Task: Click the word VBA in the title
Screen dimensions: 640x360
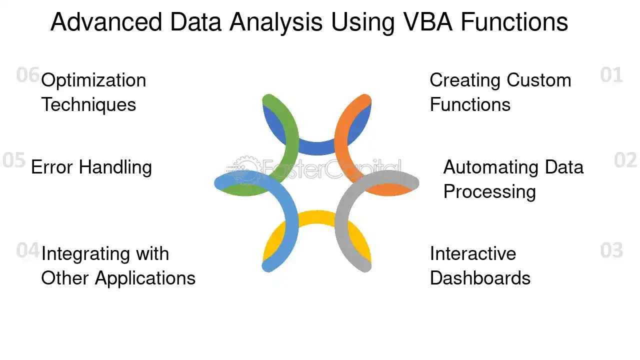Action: (x=428, y=22)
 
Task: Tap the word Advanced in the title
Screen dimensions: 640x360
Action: (x=106, y=22)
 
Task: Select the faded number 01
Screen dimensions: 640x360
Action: (x=611, y=75)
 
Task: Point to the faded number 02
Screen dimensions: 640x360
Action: (x=625, y=159)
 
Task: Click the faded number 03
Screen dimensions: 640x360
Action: (x=611, y=250)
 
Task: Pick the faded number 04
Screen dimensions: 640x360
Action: (x=27, y=250)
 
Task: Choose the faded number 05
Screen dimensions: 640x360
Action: (x=13, y=159)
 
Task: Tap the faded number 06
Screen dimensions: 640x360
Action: (x=27, y=75)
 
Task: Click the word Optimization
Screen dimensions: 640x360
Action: (x=93, y=81)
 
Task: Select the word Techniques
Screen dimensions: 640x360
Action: (x=88, y=104)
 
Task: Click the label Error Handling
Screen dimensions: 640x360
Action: (x=91, y=167)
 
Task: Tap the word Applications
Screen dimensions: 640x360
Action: (x=145, y=279)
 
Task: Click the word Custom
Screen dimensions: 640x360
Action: (x=539, y=80)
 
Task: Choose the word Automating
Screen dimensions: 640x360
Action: (x=491, y=167)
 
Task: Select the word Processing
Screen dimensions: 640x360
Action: (x=489, y=192)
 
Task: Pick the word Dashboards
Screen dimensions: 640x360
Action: (x=480, y=278)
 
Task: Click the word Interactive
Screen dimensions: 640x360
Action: (x=473, y=253)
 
